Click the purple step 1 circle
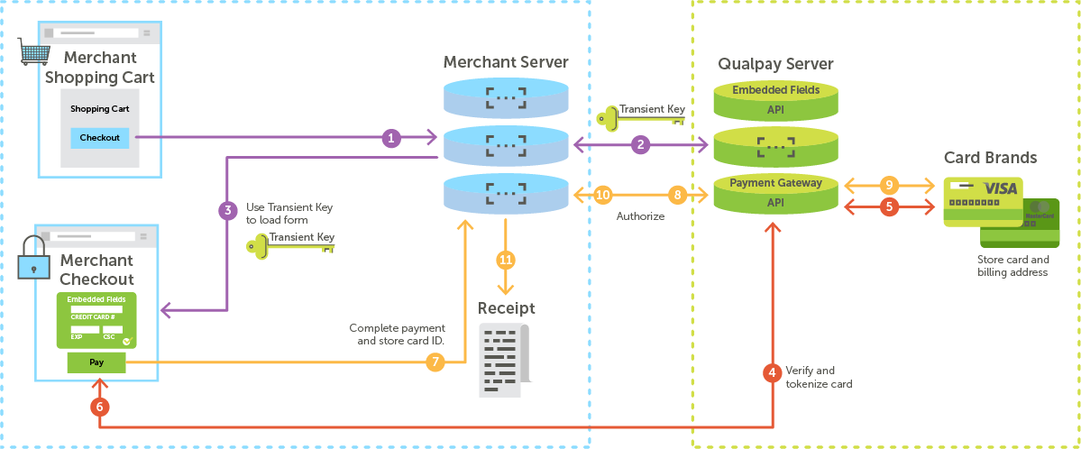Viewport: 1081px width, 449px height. coord(390,138)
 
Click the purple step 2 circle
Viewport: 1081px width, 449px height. coord(640,144)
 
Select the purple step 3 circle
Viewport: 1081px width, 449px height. coord(227,210)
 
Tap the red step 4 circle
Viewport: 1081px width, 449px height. coord(772,371)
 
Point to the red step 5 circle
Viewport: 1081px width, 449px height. coord(888,206)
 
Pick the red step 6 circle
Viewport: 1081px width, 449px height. coord(100,407)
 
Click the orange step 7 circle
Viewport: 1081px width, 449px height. coord(435,362)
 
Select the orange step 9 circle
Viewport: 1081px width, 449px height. coord(888,185)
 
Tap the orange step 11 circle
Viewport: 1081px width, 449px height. coord(506,260)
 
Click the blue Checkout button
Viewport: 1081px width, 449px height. coord(99,138)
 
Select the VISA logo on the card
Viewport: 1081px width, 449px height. coord(1000,188)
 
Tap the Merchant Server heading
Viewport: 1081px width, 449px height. coord(506,62)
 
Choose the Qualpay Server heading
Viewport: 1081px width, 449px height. coord(775,64)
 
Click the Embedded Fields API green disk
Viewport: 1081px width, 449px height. coord(775,101)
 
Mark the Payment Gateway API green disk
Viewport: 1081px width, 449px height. coord(775,193)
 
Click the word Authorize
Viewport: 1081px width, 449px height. coord(640,216)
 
